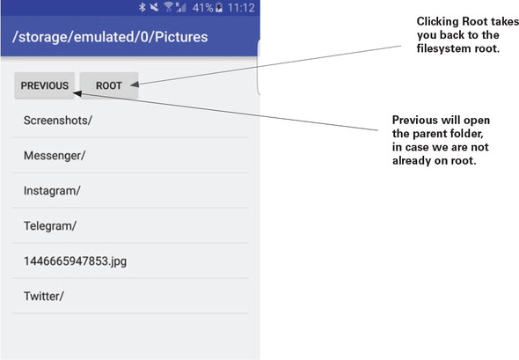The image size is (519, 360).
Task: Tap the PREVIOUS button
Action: pyautogui.click(x=44, y=85)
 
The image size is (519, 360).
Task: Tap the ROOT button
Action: pyautogui.click(x=109, y=85)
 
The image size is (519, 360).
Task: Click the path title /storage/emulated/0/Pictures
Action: pyautogui.click(x=110, y=37)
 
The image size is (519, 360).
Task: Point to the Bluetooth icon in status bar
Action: pyautogui.click(x=143, y=7)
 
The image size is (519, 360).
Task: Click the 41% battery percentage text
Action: pyautogui.click(x=203, y=7)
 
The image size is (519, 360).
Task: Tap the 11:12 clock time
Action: pyautogui.click(x=241, y=7)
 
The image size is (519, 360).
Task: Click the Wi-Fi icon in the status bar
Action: pyautogui.click(x=169, y=7)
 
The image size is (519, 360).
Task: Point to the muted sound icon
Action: pyautogui.click(x=154, y=7)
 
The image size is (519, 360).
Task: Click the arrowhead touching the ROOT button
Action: pyautogui.click(x=135, y=84)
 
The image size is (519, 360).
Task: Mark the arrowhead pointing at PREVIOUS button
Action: pyautogui.click(x=77, y=93)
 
